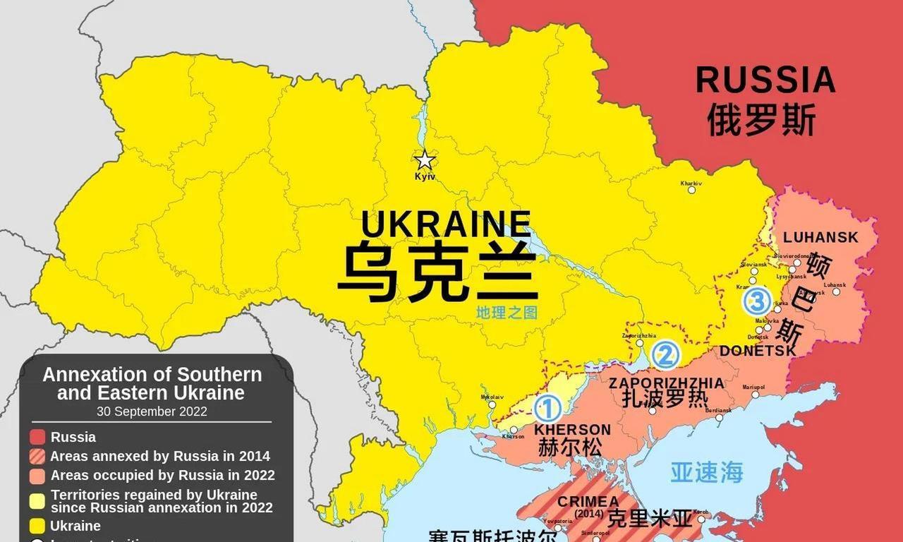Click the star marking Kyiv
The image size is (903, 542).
pyautogui.click(x=424, y=160)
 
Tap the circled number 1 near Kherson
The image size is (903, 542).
pyautogui.click(x=548, y=409)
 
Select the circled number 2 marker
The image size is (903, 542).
pyautogui.click(x=665, y=355)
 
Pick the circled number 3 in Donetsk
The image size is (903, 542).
pyautogui.click(x=757, y=302)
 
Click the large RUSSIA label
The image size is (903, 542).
pyautogui.click(x=765, y=80)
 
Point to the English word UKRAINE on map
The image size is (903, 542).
pyautogui.click(x=446, y=224)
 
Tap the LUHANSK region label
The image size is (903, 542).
pyautogui.click(x=820, y=237)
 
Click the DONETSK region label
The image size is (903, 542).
pyautogui.click(x=758, y=351)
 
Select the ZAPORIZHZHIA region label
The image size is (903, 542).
pyautogui.click(x=666, y=383)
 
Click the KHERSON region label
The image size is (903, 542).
pyautogui.click(x=572, y=429)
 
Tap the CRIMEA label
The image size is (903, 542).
pyautogui.click(x=588, y=501)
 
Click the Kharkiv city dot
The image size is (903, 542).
pyautogui.click(x=691, y=190)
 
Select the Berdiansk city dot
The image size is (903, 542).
pyautogui.click(x=719, y=417)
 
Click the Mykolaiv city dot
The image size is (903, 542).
pyautogui.click(x=492, y=404)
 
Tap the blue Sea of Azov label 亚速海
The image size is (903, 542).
pyautogui.click(x=706, y=472)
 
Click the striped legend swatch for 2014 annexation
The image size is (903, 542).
pyautogui.click(x=38, y=457)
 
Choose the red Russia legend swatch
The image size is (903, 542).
pyautogui.click(x=38, y=438)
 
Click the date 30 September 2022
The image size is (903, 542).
pyautogui.click(x=152, y=411)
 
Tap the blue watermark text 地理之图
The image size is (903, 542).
pyautogui.click(x=506, y=312)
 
